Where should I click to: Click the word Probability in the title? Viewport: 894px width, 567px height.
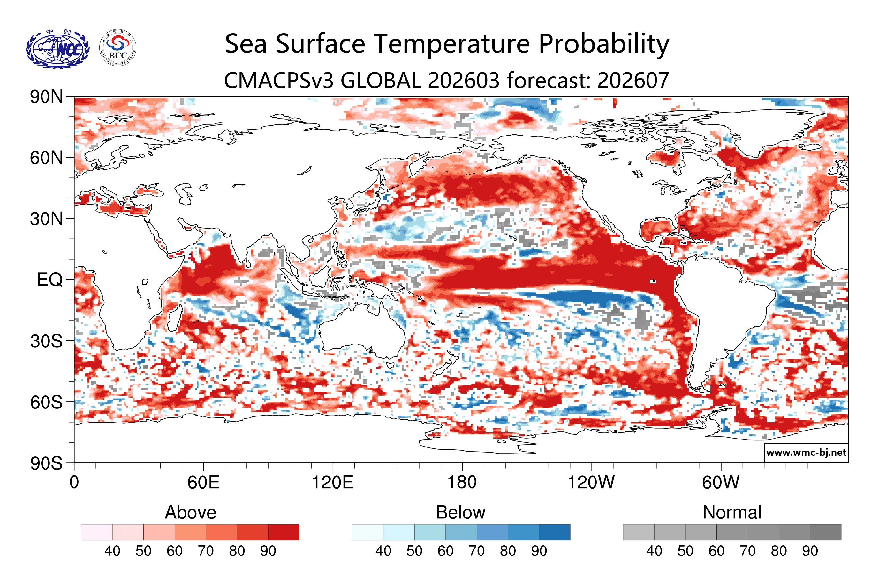coord(604,44)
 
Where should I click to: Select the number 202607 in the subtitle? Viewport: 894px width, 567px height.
coord(633,80)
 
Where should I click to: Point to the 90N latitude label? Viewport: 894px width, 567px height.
coord(46,97)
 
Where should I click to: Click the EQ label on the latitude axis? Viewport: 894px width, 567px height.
coord(50,280)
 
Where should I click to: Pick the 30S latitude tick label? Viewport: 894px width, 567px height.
coord(46,341)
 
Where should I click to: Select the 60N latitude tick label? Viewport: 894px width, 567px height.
coord(46,158)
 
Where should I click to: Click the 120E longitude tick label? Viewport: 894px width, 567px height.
coord(332,483)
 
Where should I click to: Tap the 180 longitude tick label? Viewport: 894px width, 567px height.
coord(462,483)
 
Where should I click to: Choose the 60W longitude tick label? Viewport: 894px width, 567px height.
coord(721,483)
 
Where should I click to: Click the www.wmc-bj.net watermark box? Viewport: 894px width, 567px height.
coord(806,453)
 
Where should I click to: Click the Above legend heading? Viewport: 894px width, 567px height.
coord(191,512)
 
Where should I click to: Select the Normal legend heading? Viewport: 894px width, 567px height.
coord(732,512)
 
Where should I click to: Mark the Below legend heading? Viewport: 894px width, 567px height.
coord(461,512)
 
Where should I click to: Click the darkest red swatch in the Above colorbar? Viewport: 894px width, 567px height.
coord(284,532)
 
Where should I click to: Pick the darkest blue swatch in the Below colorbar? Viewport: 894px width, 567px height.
coord(555,532)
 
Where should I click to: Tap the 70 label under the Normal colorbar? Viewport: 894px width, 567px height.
coord(747,551)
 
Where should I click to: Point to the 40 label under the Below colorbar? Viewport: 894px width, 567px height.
coord(383,551)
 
